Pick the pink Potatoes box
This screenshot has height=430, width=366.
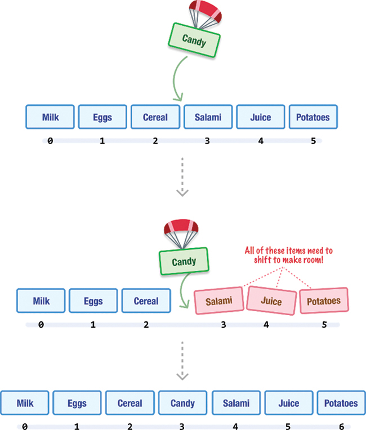(x=324, y=301)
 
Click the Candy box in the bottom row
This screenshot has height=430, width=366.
(x=182, y=403)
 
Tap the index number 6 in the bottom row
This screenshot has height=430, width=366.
(x=341, y=427)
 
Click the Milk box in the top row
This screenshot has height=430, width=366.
(x=50, y=118)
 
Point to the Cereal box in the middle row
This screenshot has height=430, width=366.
(x=146, y=301)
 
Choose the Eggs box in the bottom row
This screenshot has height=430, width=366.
(x=77, y=403)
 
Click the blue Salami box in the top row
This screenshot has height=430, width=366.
(x=208, y=118)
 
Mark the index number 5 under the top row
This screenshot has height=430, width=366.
(x=313, y=141)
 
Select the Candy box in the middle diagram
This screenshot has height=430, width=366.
(x=184, y=262)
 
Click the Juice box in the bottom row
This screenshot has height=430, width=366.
(x=288, y=403)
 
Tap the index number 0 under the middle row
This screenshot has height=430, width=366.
(x=41, y=325)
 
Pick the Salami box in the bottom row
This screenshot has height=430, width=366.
(x=235, y=403)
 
